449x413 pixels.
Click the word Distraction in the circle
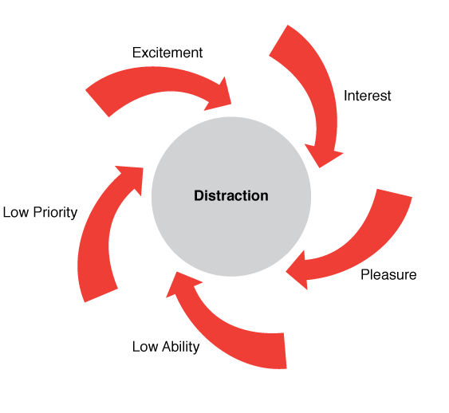point(231,196)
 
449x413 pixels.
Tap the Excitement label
point(167,53)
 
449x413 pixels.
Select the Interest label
point(367,96)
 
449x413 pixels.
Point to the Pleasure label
point(388,275)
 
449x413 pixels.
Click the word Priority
point(55,213)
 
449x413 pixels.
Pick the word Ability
point(180,347)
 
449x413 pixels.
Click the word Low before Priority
point(16,212)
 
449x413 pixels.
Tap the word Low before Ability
point(145,347)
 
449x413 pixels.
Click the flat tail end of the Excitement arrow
point(97,104)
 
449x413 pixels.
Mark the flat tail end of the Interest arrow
point(278,41)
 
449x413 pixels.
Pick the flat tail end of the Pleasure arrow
point(394,193)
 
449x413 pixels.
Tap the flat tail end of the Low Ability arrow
point(286,351)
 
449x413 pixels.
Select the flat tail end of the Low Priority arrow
point(101,295)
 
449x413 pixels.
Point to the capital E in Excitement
point(136,53)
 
